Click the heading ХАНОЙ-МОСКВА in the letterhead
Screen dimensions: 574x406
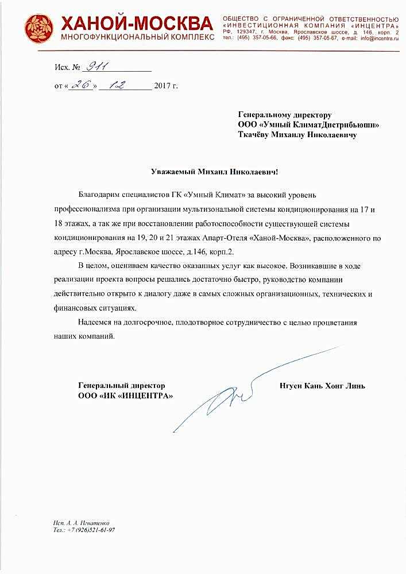(137, 23)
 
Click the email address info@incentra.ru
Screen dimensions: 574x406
(380, 38)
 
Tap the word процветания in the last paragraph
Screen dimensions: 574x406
(336, 323)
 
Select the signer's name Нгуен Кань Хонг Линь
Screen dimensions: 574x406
(323, 386)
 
